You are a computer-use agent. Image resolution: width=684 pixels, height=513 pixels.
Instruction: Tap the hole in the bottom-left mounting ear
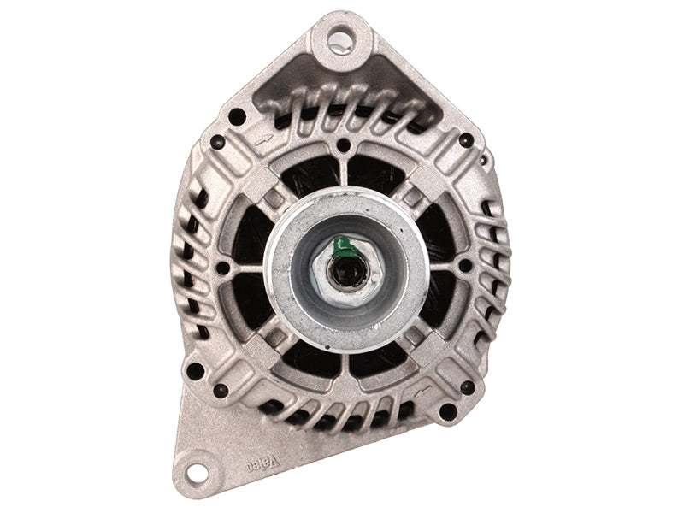[197, 473]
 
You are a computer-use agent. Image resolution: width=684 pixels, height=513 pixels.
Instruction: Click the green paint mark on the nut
[344, 248]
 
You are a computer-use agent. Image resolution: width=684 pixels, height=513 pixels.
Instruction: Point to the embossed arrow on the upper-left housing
[264, 140]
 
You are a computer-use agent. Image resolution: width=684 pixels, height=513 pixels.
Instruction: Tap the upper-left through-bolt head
[217, 142]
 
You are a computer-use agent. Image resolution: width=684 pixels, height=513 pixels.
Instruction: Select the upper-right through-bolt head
[466, 140]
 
